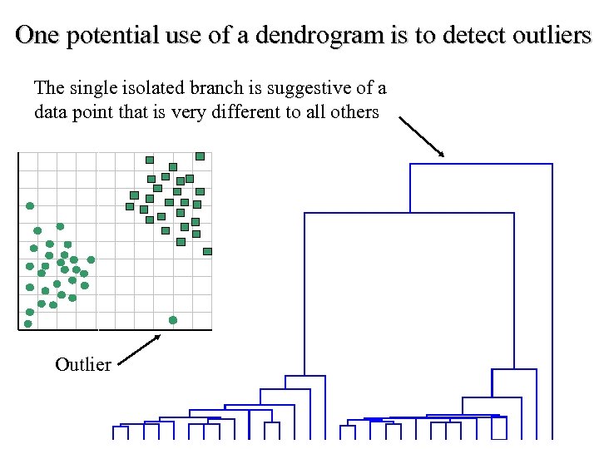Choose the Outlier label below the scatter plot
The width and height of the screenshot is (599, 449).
82,364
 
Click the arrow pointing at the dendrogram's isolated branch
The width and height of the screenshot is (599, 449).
423,136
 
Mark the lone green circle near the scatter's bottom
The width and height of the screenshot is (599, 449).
173,320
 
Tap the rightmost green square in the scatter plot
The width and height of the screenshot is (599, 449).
207,251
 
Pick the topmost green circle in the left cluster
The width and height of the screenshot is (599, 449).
30,205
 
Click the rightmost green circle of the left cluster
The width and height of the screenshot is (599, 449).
92,259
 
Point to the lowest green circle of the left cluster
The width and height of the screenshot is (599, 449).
28,323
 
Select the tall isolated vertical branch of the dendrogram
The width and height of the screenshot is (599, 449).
551,299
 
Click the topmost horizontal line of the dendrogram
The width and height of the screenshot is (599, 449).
481,164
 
